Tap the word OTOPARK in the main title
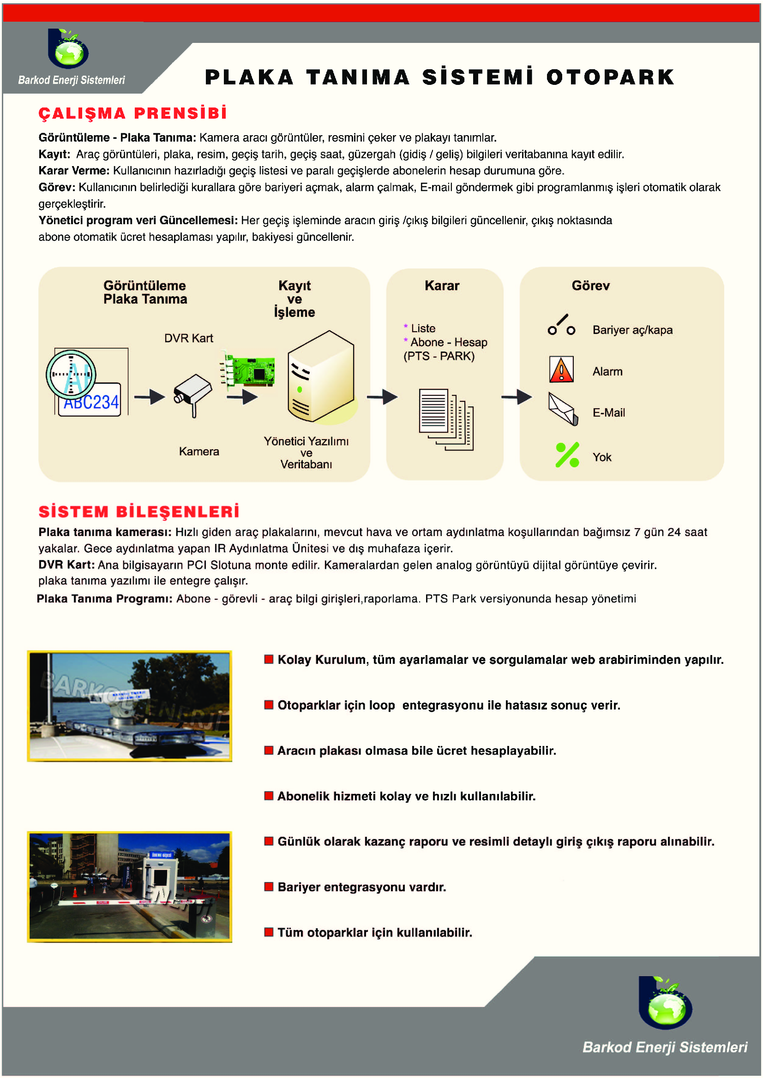610,77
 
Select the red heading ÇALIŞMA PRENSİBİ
132,113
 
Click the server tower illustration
321,376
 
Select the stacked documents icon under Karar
446,418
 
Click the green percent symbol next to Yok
567,455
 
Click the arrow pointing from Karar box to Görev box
516,397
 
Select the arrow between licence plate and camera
150,397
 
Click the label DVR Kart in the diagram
188,338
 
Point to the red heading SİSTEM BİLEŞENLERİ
138,511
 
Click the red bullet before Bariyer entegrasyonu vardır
269,886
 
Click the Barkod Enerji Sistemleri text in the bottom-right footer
664,1047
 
